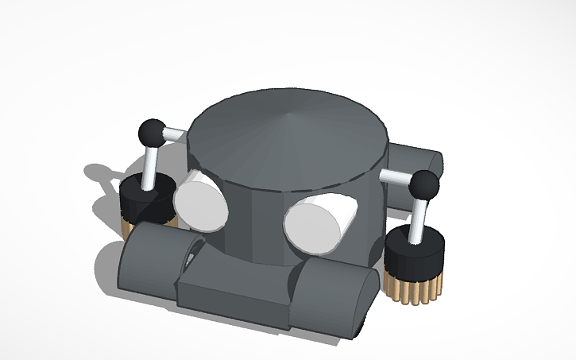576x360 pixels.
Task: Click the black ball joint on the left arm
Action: click(151, 132)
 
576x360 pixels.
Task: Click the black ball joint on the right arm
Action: click(424, 186)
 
